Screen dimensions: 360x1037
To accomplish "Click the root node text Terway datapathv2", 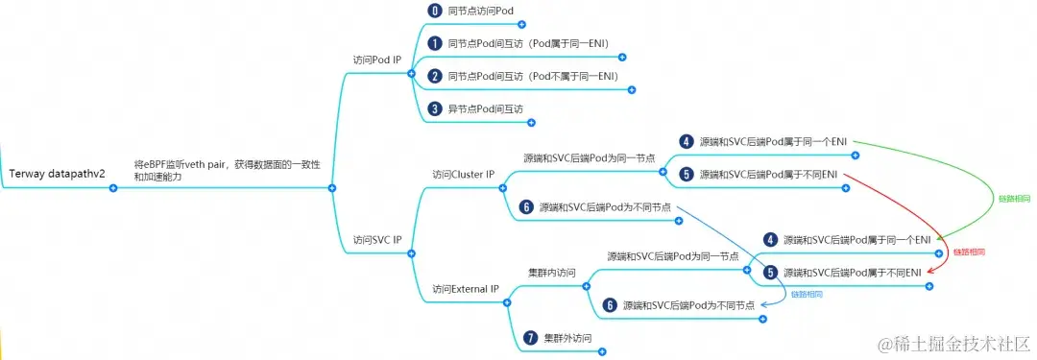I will tap(57, 174).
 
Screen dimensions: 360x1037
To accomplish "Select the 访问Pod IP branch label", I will tap(377, 60).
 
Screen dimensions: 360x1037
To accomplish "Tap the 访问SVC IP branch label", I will tap(377, 239).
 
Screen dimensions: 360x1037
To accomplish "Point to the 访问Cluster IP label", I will tap(463, 175).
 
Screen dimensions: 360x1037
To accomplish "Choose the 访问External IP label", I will tap(466, 288).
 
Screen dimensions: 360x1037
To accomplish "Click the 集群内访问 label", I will tap(552, 273).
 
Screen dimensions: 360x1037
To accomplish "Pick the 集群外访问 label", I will tap(567, 338).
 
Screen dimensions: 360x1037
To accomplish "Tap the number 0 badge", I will tap(433, 11).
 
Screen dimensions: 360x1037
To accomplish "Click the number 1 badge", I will tap(434, 43).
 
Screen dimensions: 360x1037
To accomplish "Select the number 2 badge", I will tap(434, 76).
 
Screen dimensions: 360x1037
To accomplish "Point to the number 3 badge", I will tap(434, 108).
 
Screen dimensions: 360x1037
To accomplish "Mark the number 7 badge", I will tap(530, 338).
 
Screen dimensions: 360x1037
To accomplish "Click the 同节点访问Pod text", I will tap(481, 11).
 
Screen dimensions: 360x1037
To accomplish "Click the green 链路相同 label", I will tap(1014, 199).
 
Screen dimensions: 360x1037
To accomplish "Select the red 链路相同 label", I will tap(969, 252).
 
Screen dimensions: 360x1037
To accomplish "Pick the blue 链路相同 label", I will tap(806, 295).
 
